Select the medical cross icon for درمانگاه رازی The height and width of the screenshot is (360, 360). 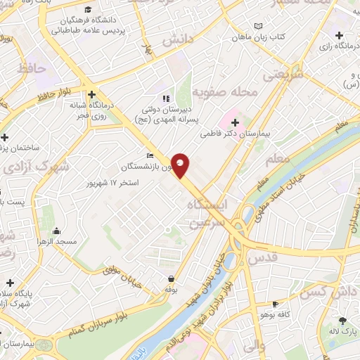339,35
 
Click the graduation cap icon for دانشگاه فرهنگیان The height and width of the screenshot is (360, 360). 88,9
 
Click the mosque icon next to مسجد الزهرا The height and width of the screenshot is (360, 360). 56,231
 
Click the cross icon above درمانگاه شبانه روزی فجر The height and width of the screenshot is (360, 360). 92,94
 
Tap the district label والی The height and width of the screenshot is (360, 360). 252,345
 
